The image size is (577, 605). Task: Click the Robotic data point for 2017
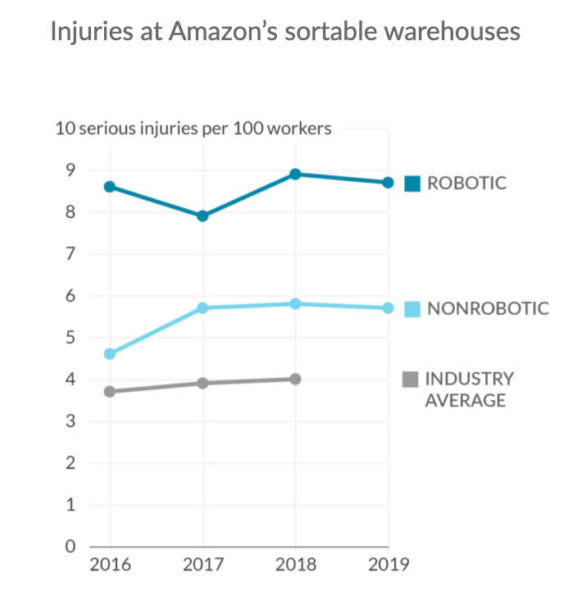(202, 216)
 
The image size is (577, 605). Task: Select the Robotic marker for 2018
(295, 174)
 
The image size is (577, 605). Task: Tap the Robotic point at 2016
(109, 187)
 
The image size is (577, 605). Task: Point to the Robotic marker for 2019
(388, 182)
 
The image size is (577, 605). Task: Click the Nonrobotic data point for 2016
(109, 354)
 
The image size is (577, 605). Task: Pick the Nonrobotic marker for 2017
(202, 308)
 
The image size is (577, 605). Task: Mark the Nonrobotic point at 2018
(295, 303)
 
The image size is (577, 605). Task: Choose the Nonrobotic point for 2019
(388, 308)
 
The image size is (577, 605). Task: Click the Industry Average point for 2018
(295, 379)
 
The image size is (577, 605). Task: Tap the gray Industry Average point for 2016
(109, 391)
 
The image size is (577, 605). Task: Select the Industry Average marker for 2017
(202, 383)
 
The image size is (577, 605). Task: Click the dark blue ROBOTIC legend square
(412, 183)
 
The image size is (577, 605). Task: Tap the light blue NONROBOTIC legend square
(412, 309)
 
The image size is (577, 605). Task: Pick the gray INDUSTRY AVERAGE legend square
(411, 379)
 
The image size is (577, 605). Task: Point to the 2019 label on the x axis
(388, 565)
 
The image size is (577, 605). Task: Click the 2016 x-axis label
(109, 565)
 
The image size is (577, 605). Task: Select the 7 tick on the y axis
(70, 254)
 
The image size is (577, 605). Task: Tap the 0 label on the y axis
(70, 547)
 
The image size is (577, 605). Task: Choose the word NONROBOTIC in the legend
(488, 309)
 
